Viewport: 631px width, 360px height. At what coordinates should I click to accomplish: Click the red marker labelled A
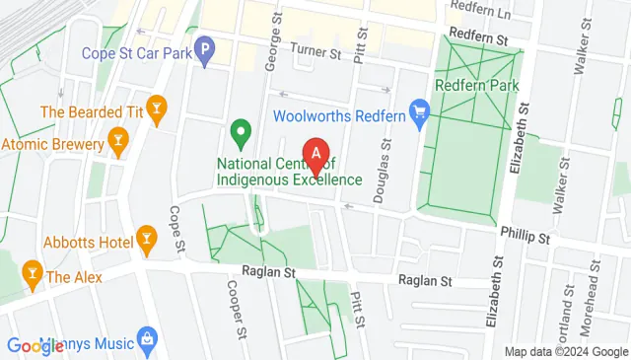tap(315, 156)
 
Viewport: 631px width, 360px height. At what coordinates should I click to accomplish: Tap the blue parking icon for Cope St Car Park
tap(204, 47)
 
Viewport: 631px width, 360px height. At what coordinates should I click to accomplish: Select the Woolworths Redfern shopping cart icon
tap(420, 115)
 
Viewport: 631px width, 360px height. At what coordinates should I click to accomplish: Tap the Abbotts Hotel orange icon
tap(147, 238)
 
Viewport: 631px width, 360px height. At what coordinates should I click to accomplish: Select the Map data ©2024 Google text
tap(565, 351)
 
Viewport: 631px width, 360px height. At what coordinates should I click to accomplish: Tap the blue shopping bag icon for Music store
tap(147, 337)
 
